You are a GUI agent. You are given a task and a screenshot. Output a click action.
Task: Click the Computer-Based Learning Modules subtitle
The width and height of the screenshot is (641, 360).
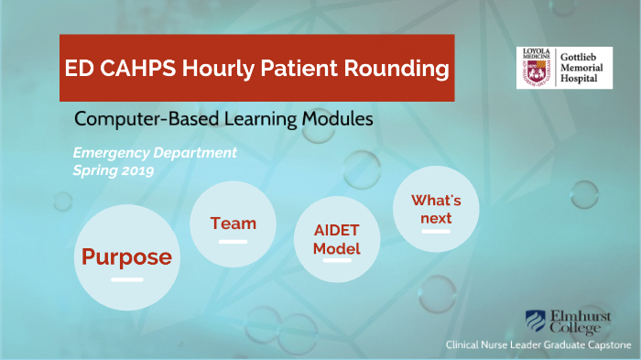223,119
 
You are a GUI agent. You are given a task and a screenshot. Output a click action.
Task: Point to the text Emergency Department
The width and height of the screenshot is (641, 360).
155,152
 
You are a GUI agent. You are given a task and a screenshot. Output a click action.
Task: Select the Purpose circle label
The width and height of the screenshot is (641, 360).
126,257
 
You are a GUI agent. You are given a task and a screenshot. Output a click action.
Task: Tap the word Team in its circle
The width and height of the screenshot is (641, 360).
233,223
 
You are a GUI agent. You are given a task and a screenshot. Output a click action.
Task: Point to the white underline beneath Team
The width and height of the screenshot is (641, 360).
233,241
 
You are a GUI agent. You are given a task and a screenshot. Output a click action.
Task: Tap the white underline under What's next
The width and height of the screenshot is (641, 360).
436,233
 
